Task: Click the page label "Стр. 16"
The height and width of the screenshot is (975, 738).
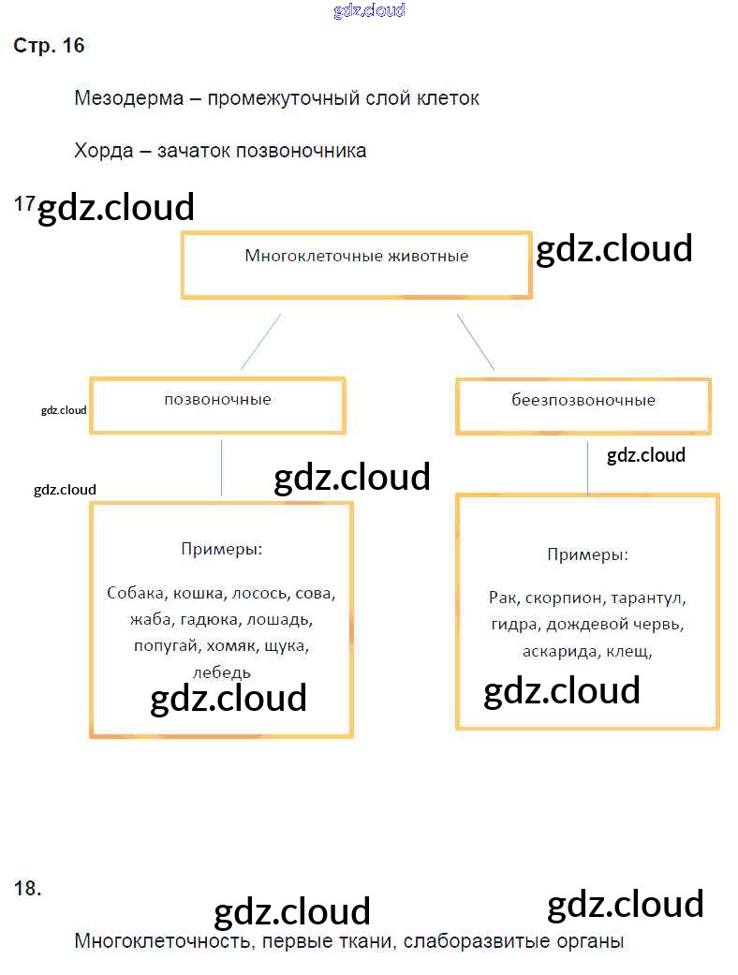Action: tap(49, 46)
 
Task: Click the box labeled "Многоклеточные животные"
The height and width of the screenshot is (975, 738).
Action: tap(356, 266)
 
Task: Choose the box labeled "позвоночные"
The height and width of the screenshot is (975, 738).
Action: tap(217, 405)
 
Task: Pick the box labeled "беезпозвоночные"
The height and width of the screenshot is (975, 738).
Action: tap(583, 406)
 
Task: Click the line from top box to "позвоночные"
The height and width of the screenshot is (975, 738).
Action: tap(260, 342)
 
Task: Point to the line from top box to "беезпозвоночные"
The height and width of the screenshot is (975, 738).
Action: tap(476, 342)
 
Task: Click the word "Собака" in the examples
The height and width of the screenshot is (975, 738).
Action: tap(137, 593)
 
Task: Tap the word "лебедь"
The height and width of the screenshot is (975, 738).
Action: tap(221, 672)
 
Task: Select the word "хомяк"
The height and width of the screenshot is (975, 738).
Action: tap(230, 646)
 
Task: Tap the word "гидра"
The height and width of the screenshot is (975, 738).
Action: tap(513, 625)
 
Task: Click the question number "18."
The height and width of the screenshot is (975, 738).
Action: tap(28, 889)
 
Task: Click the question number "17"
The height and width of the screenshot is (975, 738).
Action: tap(24, 203)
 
